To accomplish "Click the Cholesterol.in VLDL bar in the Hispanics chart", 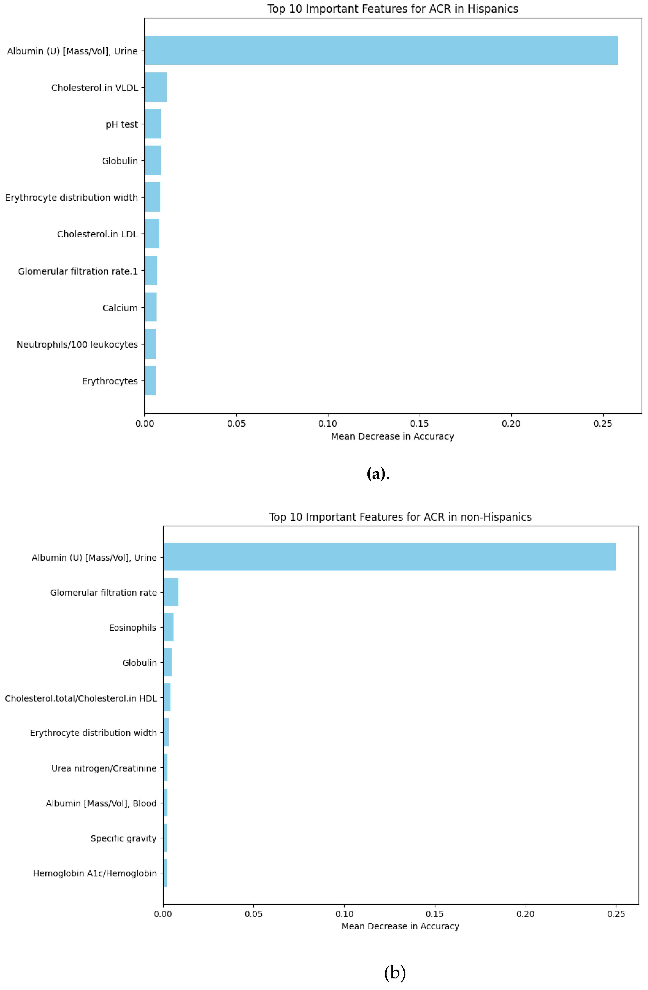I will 156,87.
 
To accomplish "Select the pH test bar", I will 153,124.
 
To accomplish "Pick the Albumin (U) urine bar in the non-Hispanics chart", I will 389,557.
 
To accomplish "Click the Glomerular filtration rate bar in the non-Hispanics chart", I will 171,592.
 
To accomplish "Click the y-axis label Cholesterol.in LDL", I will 97,234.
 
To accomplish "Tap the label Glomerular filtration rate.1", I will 78,271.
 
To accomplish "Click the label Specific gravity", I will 124,838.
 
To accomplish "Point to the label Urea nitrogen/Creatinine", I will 104,768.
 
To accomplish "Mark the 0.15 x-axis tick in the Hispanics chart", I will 419,424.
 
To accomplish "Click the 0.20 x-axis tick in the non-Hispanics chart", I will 525,914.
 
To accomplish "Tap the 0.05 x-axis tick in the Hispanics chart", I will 236,424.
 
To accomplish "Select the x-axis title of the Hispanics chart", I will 392,436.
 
